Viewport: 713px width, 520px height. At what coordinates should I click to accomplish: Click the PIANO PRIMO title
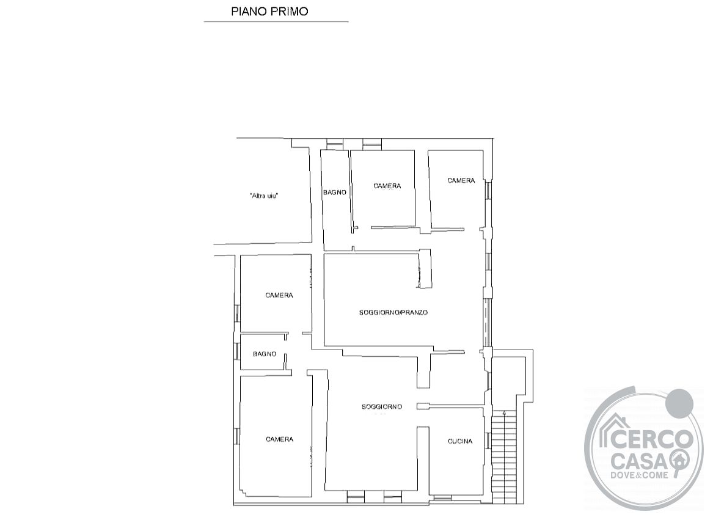pos(269,12)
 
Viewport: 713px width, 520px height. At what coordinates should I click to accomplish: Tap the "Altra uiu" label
pos(264,196)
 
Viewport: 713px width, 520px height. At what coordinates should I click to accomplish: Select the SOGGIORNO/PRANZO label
pos(393,312)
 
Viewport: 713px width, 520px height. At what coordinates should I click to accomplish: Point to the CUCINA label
pos(460,441)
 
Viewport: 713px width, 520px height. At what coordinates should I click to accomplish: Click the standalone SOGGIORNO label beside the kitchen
pos(382,407)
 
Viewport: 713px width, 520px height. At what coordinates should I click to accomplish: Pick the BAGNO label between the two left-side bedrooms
pos(265,354)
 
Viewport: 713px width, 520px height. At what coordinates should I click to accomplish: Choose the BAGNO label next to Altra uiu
pos(335,192)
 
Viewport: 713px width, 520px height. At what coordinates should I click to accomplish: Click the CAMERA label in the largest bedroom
pos(280,439)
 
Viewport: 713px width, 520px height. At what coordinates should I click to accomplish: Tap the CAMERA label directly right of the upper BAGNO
pos(387,186)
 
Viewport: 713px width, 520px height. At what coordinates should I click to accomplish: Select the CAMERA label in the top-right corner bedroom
pos(461,181)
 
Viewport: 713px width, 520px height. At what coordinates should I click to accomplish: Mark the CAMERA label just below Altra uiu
pos(279,295)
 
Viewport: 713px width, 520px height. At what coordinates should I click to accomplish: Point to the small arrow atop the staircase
pos(504,412)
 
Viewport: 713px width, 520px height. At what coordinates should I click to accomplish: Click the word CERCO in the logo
pos(651,439)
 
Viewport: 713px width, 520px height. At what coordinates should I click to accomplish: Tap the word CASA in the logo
pos(640,462)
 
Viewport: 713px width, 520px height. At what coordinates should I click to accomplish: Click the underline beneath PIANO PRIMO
pos(276,21)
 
